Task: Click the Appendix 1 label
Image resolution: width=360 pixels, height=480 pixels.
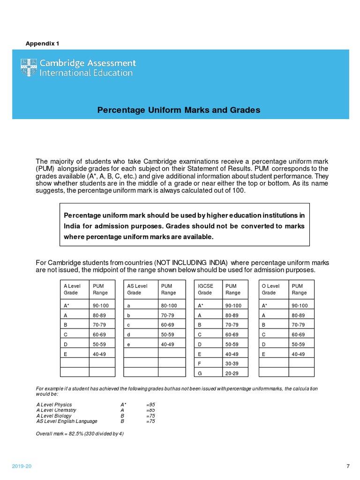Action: pos(42,44)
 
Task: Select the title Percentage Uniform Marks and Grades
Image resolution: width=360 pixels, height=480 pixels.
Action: pos(178,110)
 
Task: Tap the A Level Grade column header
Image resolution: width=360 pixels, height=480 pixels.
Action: pos(72,289)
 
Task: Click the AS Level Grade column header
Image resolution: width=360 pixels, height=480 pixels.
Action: pos(137,289)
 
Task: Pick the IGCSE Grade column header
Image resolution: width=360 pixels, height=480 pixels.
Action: pos(206,289)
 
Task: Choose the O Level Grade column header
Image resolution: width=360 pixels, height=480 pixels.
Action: pos(270,289)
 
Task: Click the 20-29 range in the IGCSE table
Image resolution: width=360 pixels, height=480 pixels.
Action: pos(232,374)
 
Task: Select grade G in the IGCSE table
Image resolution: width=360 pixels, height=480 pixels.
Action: pos(200,374)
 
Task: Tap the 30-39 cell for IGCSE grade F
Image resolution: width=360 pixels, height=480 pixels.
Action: pos(232,364)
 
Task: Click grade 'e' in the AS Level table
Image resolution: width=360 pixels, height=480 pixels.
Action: pos(128,345)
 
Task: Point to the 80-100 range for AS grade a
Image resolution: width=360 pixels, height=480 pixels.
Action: pos(169,306)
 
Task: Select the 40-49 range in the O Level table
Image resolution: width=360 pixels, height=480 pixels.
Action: pos(298,354)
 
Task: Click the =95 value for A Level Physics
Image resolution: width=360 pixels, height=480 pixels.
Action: pos(150,405)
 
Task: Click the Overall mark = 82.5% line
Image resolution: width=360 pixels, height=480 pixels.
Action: pos(80,434)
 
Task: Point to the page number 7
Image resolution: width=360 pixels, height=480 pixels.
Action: pos(347,466)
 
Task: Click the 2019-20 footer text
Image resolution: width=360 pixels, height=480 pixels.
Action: pos(22,466)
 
